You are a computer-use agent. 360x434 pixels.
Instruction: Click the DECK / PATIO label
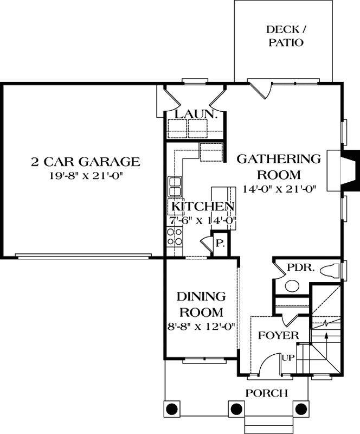point(285,36)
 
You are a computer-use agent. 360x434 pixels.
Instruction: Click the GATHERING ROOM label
point(279,167)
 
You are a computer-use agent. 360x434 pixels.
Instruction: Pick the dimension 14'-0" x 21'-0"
point(279,189)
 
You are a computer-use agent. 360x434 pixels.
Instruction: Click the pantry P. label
point(220,244)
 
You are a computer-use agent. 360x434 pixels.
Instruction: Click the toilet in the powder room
point(332,270)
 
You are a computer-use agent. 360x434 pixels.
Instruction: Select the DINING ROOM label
point(201,304)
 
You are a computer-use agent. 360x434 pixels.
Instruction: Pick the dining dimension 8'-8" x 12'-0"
point(201,327)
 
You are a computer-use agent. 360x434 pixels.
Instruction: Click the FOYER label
point(278,335)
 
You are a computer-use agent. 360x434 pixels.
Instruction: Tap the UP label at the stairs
point(287,358)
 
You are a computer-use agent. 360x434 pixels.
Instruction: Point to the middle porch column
point(236,409)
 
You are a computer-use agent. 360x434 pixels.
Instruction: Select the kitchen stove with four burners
point(175,237)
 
